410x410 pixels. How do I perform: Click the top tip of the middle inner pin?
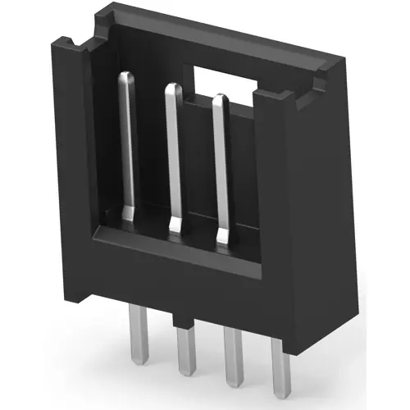pyautogui.click(x=171, y=87)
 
